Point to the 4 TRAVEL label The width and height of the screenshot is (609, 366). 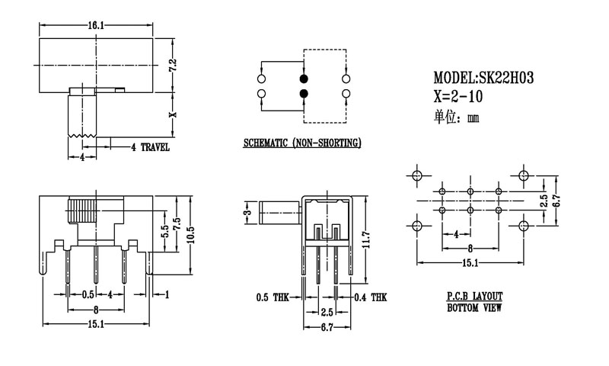(x=150, y=147)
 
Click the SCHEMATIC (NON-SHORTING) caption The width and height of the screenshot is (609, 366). (x=302, y=143)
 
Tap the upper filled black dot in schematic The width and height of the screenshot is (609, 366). (x=304, y=78)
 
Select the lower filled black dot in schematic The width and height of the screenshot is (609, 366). (x=304, y=94)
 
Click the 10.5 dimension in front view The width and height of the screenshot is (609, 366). (x=193, y=234)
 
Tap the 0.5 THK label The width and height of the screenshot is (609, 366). (x=271, y=298)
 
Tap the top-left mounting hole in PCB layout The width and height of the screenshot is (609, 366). (x=416, y=176)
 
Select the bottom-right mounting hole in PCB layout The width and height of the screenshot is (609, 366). (x=524, y=226)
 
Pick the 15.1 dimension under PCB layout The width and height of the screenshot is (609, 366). (x=470, y=263)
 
